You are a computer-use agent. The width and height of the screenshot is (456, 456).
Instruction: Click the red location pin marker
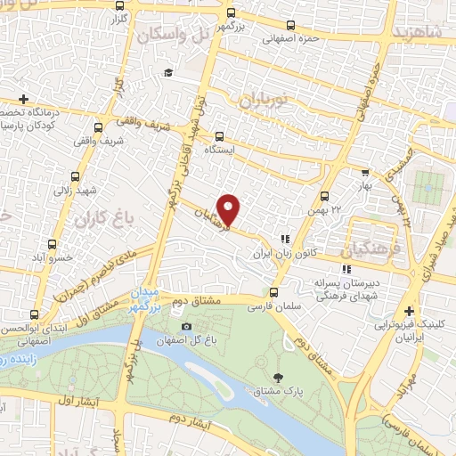[229, 209]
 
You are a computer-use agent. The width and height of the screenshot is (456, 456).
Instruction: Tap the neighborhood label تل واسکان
[173, 33]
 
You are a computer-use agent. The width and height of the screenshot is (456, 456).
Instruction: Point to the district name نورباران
[265, 101]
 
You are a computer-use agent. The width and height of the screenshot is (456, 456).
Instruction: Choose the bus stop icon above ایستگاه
[220, 136]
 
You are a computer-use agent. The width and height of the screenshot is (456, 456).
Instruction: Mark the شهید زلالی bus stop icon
[76, 177]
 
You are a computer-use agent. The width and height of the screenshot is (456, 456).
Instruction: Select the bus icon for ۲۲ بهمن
[324, 196]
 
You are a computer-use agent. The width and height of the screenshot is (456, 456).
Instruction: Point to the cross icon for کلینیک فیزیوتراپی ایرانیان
[409, 312]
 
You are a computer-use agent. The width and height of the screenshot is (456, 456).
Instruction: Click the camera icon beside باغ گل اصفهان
[186, 327]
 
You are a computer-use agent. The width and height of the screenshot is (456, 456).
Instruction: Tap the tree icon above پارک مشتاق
[278, 377]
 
